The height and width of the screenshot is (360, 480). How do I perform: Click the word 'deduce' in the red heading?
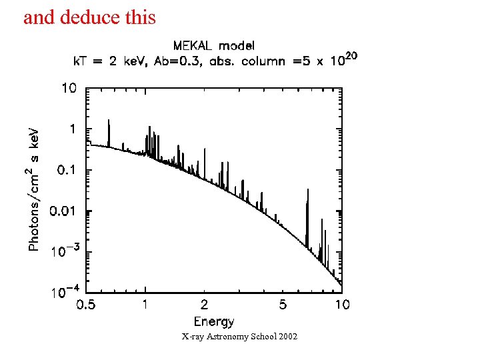[88, 17]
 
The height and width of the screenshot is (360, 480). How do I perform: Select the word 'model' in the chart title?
[237, 45]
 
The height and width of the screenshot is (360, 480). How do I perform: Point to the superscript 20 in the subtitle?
[351, 57]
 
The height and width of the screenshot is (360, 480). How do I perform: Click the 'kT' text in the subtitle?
[81, 61]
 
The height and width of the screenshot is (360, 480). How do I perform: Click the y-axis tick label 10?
[69, 88]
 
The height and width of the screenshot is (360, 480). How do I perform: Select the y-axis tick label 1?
[71, 129]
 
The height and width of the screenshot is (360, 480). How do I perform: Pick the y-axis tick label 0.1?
[66, 170]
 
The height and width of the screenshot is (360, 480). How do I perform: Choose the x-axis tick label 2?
[204, 305]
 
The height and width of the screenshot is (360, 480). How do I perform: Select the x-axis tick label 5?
[283, 305]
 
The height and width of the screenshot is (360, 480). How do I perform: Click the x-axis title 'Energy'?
[214, 322]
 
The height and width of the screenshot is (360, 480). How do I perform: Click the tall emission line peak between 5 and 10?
[307, 191]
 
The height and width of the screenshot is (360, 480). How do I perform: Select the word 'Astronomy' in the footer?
[228, 337]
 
